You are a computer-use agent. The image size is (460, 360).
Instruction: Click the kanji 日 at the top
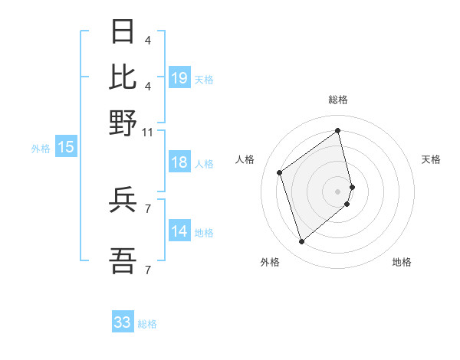[x=123, y=33]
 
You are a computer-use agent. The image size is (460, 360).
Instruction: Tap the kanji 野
[x=123, y=123]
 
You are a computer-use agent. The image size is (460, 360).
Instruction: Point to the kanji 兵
[x=123, y=201]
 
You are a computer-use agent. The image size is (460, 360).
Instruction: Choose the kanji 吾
[x=123, y=262]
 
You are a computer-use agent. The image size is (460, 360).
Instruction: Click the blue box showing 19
[x=179, y=78]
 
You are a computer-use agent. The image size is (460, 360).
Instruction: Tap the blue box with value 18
[x=179, y=162]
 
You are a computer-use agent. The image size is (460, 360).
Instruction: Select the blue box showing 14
[x=179, y=231]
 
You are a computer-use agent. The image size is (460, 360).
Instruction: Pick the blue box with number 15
[x=65, y=147]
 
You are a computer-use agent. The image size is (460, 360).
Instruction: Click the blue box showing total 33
[x=123, y=322]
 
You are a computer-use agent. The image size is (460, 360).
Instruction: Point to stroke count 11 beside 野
[x=147, y=133]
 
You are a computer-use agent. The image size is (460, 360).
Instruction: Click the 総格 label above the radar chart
[x=338, y=100]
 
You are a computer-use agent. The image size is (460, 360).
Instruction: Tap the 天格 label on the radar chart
[x=431, y=159]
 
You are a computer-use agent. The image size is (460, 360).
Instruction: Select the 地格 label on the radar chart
[x=402, y=262]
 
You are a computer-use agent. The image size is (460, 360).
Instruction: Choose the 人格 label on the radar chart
[x=245, y=159]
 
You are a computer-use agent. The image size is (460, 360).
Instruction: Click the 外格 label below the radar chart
[x=270, y=262]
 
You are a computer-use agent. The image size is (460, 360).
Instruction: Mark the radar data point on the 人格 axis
[x=280, y=172]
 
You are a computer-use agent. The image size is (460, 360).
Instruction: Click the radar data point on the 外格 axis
[x=301, y=242]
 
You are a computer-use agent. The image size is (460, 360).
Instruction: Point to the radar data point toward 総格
[x=338, y=131]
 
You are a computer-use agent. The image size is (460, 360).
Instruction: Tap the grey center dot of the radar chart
[x=338, y=191]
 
